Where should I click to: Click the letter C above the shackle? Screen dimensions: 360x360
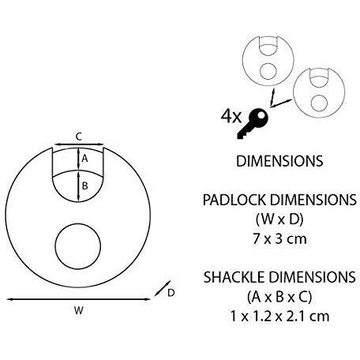coord(79,136)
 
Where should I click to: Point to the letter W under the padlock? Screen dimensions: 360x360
coord(79,310)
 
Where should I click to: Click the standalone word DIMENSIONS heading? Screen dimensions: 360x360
coord(279,162)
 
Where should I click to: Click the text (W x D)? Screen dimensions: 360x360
coord(279,217)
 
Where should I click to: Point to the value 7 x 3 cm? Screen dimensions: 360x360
coord(279,236)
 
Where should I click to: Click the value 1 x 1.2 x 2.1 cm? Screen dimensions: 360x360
coord(279,315)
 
